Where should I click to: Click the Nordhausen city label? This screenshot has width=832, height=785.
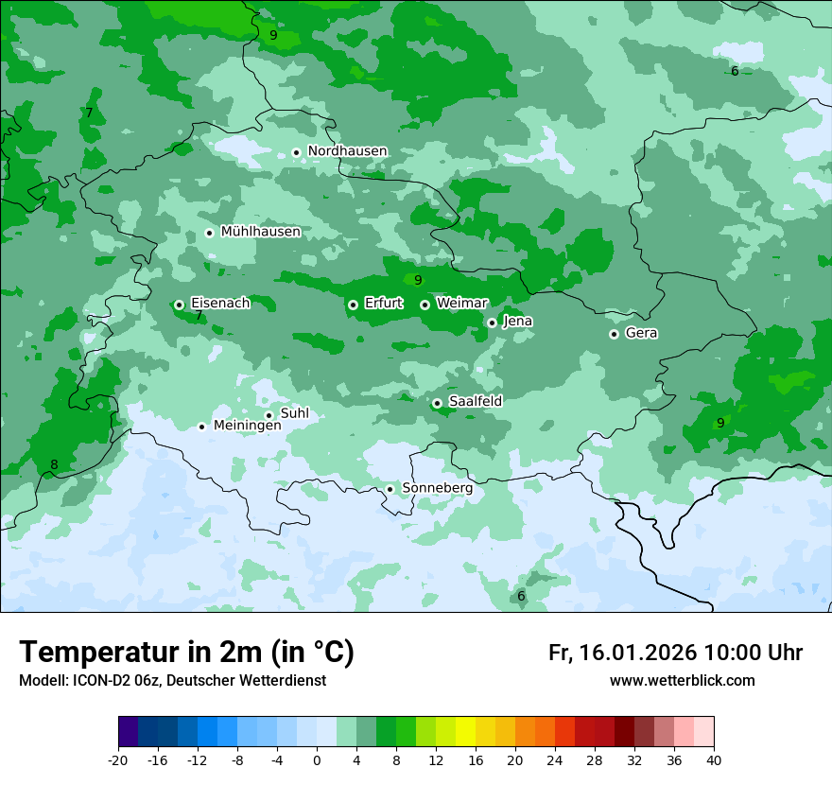click(347, 151)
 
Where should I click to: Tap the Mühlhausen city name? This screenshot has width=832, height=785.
click(260, 232)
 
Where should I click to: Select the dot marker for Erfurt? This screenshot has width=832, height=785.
click(353, 305)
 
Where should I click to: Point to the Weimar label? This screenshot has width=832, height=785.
click(461, 304)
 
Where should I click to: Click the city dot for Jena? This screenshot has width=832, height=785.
click(492, 323)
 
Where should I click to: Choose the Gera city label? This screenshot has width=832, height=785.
click(641, 333)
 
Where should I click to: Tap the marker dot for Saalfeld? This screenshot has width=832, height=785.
click(438, 403)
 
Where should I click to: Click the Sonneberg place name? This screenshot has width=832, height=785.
click(437, 488)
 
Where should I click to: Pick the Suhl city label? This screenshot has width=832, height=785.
click(294, 413)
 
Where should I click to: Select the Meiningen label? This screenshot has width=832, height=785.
click(247, 426)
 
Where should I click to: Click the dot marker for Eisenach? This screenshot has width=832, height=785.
click(179, 305)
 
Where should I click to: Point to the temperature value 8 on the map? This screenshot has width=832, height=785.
click(54, 464)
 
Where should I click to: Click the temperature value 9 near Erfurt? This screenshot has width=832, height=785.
click(418, 280)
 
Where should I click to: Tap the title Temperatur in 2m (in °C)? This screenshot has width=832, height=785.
click(186, 653)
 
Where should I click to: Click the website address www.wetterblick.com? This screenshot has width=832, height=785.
click(682, 681)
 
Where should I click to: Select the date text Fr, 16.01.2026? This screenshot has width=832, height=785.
click(622, 653)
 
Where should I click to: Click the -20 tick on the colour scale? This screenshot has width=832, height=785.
click(118, 759)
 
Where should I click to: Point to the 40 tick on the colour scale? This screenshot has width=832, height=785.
click(713, 759)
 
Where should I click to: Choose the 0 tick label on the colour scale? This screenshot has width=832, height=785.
click(317, 759)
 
